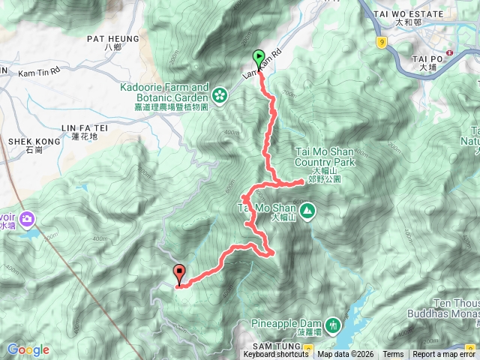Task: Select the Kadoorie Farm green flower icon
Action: point(219,95)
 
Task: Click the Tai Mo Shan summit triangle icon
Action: point(308,211)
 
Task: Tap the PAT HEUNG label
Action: point(113,38)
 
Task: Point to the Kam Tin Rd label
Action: point(33,70)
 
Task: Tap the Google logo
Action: point(28,349)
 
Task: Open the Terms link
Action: point(393,355)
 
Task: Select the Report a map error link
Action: point(444,355)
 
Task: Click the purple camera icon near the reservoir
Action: point(28,219)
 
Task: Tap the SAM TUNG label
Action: point(274,344)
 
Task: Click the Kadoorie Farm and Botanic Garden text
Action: point(166,91)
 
